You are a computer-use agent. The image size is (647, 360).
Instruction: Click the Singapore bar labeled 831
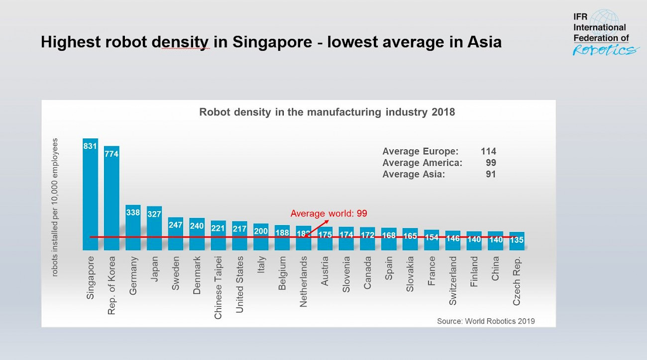coord(90,194)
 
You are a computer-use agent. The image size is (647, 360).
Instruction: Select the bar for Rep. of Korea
coord(111,198)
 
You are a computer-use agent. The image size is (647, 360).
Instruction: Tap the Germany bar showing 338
coord(133,228)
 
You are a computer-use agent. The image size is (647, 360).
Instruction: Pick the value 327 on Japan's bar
coord(154,214)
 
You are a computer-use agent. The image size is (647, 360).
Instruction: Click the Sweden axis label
coord(176,273)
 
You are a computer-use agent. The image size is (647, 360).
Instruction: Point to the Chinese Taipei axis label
coord(218,288)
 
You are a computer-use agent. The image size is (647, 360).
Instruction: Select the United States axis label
coord(239,285)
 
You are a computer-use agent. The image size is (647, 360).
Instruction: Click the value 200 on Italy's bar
coord(261,231)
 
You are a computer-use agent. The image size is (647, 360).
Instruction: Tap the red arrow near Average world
coord(317,228)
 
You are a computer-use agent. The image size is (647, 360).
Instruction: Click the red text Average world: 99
coord(328,214)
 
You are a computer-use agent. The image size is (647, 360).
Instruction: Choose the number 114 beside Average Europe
coord(488,151)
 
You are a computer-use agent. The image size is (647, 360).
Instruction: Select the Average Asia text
coord(414,174)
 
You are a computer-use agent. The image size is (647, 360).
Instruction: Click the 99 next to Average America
coord(491,163)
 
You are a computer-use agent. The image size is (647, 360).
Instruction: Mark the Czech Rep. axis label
coord(517,281)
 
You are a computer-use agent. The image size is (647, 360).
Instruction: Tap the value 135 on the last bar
coord(517,240)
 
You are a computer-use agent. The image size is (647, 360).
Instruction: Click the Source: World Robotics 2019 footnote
coord(486,321)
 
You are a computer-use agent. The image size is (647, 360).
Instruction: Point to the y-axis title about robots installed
coord(55,207)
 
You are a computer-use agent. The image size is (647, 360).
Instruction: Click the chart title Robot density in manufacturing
coord(327,112)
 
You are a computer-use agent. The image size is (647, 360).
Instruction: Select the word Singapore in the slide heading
coord(272,42)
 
